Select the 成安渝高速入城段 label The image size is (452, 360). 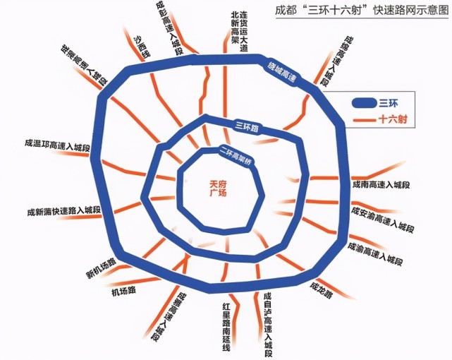pyautogui.click(x=382, y=219)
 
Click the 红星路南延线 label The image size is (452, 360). pyautogui.click(x=226, y=325)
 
